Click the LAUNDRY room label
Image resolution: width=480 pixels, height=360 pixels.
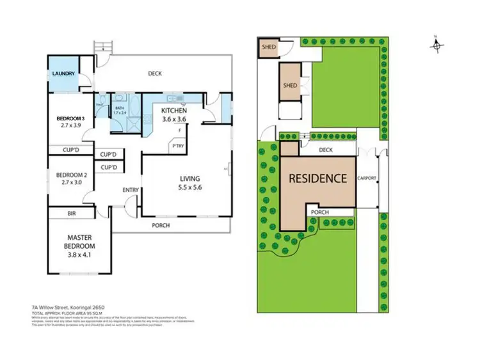coord(63,74)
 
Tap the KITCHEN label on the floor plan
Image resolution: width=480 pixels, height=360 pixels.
coord(173,111)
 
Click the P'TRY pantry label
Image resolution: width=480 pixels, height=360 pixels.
coord(177,146)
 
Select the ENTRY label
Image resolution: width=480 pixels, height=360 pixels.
coord(131,190)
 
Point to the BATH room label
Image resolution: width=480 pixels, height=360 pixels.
coord(119,108)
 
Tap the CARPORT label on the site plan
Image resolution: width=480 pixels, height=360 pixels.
coord(367,179)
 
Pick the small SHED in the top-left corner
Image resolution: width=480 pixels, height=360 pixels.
coord(266,47)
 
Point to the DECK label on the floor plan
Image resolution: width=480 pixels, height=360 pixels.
coord(154,74)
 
